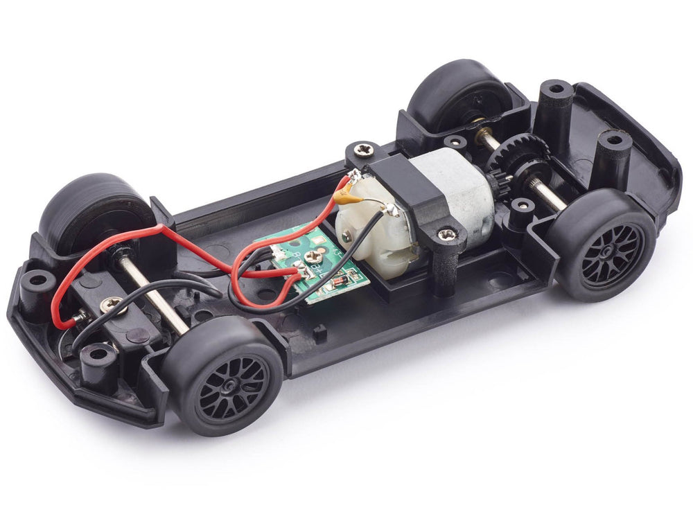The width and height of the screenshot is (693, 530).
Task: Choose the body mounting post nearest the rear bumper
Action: pos(613,150)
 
